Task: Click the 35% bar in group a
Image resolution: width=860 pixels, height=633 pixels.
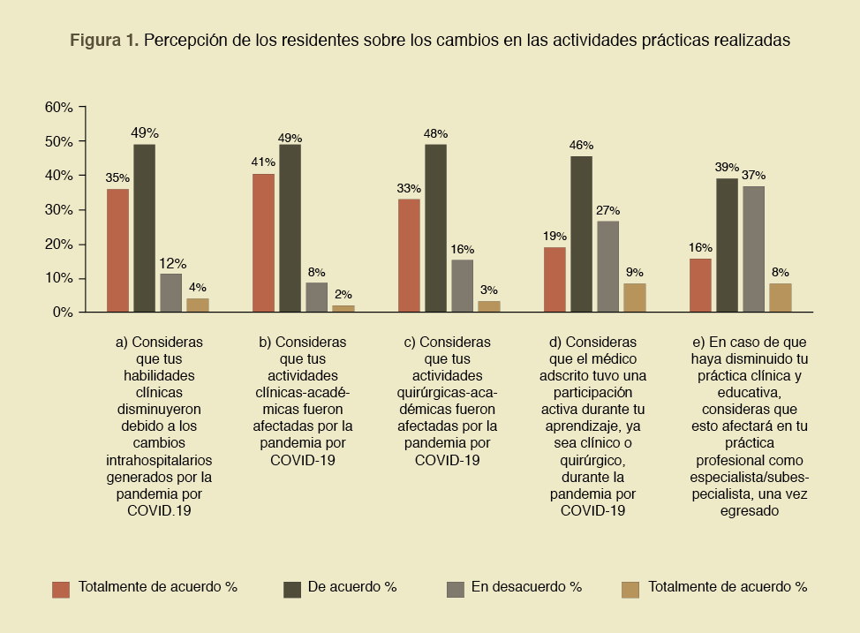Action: [117, 250]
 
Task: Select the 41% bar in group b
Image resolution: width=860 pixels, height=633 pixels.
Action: [263, 243]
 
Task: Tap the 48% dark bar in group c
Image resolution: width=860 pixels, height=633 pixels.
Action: [435, 228]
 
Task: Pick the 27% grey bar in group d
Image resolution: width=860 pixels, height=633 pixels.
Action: [607, 266]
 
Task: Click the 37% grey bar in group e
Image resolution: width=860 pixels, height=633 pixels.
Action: [753, 249]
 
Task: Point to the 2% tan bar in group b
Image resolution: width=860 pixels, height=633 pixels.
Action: [343, 308]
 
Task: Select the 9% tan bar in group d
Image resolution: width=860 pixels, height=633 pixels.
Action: [634, 298]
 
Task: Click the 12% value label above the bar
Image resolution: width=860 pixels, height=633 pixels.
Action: [170, 262]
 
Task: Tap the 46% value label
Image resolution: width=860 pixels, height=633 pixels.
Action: [581, 145]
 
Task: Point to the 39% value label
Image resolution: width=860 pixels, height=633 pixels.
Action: [727, 167]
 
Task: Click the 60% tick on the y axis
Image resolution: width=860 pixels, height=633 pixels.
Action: [58, 107]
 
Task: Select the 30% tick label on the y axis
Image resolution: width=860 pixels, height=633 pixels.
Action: [58, 210]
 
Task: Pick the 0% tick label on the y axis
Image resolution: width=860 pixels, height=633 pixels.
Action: [62, 313]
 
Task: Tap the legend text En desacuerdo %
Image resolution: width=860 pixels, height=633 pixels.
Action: [526, 586]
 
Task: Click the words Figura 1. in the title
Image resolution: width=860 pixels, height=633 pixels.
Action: [104, 41]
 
